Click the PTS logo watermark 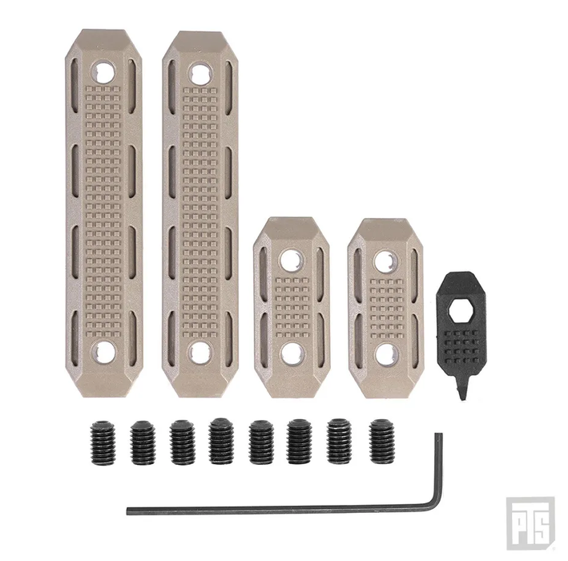530,523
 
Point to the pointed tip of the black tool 463,398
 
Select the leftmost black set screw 103,442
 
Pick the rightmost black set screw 381,442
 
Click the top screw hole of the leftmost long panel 103,71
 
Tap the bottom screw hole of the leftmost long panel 103,352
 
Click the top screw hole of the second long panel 199,74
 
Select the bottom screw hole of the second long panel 199,353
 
